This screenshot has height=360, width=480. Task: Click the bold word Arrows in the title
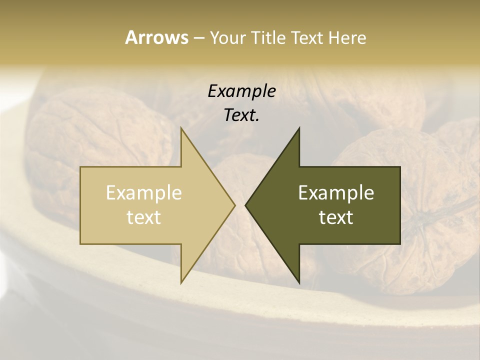156,37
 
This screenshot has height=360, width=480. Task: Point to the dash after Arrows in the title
198,38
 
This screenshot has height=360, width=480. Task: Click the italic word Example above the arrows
241,91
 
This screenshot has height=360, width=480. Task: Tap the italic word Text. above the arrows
241,115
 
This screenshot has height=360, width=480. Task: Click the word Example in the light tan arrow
144,193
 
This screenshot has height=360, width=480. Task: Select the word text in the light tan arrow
144,217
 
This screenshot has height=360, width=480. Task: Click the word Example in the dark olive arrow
336,193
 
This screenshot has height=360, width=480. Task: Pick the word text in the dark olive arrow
336,217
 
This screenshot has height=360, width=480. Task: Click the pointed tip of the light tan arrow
234,205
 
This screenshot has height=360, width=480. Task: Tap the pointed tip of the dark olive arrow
246,205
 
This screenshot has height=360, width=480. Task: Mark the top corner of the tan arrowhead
181,128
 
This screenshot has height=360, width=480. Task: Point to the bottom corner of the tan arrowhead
181,283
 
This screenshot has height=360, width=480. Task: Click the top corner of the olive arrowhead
299,128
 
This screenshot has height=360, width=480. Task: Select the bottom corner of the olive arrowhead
299,283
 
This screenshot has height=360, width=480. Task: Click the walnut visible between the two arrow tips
240,170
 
